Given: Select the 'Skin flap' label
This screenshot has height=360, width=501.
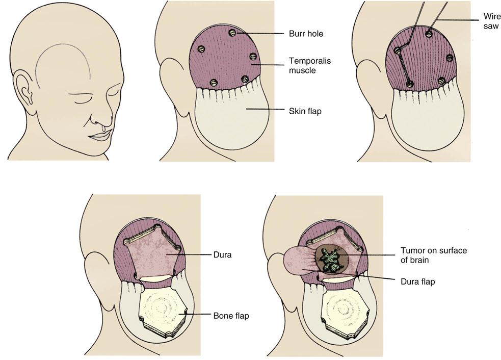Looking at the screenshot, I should coord(305,111).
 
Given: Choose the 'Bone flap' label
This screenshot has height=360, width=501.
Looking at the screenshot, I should coord(231,316).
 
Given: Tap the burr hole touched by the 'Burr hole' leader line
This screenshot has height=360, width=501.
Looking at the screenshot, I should coord(233,33).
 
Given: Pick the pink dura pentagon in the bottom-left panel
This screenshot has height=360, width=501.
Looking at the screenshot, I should coord(153,252).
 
